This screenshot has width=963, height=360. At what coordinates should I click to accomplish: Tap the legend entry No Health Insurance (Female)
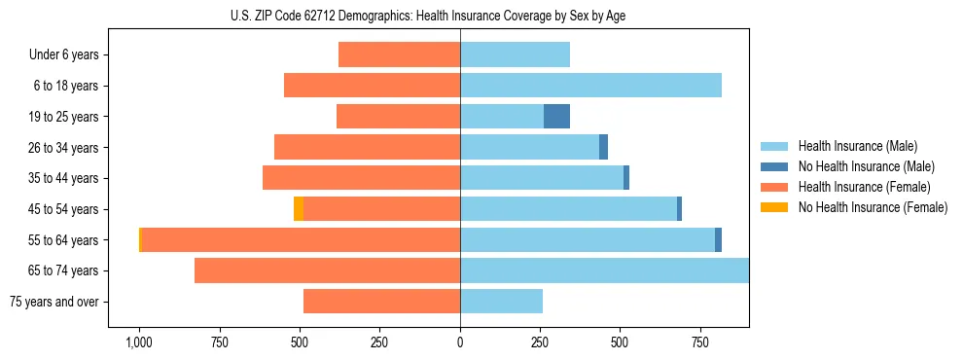click(873, 207)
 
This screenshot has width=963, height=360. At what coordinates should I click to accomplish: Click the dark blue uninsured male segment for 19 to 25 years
click(556, 117)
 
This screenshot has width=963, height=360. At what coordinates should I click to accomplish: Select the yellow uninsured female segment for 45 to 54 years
click(299, 209)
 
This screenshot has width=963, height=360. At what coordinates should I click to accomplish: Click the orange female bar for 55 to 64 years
click(301, 240)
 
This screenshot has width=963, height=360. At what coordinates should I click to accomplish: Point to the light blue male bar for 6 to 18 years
click(590, 86)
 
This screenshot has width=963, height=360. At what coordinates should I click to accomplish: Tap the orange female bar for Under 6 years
click(399, 54)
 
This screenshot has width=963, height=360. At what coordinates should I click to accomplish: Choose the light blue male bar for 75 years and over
click(501, 302)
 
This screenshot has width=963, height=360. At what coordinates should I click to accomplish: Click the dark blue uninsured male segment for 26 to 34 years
click(603, 147)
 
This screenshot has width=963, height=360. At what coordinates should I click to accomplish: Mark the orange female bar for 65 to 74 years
click(327, 270)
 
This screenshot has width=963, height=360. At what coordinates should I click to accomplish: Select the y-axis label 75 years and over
click(54, 302)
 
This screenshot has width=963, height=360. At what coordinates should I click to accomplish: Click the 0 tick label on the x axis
click(460, 342)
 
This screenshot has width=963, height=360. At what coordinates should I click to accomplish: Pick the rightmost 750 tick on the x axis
click(700, 342)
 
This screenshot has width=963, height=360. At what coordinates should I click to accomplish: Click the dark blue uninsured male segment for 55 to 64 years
click(718, 240)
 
